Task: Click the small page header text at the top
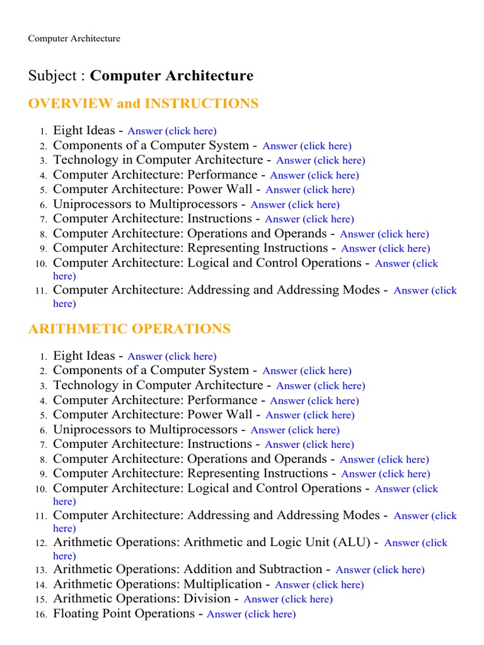(74, 38)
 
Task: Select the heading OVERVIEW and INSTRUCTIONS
(143, 104)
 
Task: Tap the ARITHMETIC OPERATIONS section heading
(129, 329)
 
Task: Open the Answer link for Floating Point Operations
(251, 614)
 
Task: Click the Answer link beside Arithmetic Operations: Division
(288, 599)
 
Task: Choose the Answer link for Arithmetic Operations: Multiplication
(320, 585)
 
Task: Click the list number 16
(41, 615)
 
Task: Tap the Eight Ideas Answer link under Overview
(171, 131)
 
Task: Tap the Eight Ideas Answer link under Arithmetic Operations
(171, 357)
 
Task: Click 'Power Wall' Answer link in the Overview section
(310, 190)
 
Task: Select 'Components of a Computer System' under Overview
(151, 145)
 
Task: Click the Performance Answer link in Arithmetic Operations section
(314, 401)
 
